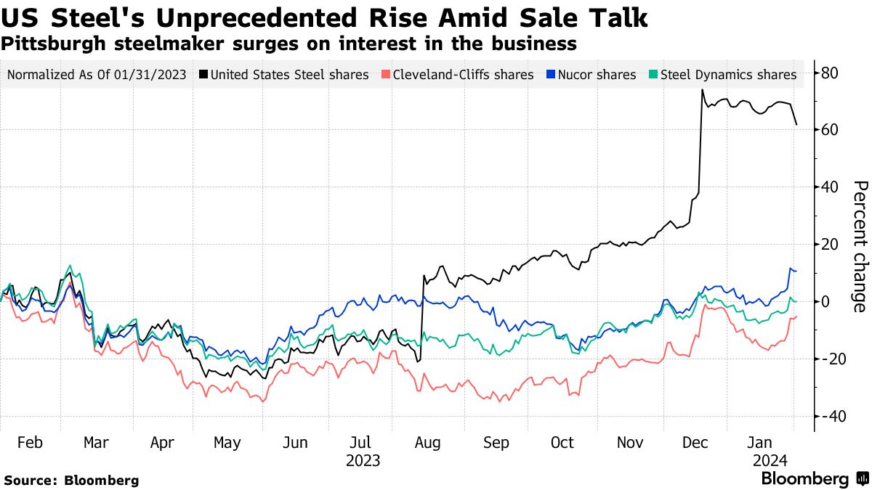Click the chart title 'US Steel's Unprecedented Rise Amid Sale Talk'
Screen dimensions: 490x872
click(x=325, y=17)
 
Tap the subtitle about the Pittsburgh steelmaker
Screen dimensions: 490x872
click(x=289, y=44)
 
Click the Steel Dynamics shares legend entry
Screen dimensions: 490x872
click(x=727, y=75)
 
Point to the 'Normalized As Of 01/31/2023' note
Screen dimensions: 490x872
click(x=96, y=75)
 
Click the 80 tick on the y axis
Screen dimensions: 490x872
click(x=830, y=73)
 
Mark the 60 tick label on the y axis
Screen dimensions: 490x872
click(x=830, y=130)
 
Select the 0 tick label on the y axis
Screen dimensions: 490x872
click(x=825, y=302)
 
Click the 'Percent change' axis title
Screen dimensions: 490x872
click(x=859, y=246)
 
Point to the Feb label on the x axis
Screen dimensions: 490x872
click(x=30, y=443)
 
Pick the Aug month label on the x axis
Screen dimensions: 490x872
click(x=428, y=443)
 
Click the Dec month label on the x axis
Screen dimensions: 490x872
click(x=697, y=443)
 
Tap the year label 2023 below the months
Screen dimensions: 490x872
click(x=363, y=460)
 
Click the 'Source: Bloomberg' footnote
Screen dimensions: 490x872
click(x=71, y=480)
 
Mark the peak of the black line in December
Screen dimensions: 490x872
click(x=703, y=90)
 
